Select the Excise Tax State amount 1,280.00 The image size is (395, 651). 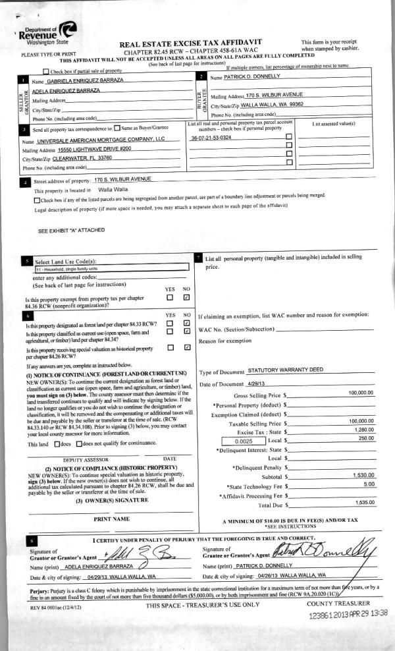click(x=361, y=430)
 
